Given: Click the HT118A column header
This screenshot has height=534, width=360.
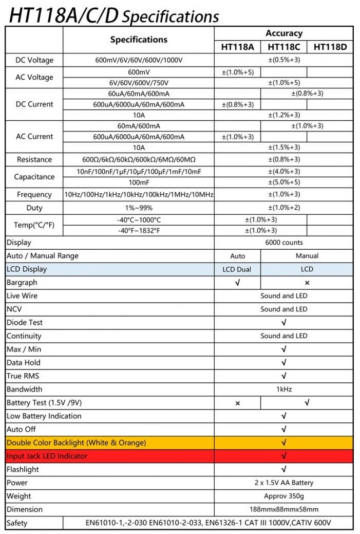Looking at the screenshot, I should pyautogui.click(x=237, y=47).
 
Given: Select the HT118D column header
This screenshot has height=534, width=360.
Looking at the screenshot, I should pyautogui.click(x=330, y=47).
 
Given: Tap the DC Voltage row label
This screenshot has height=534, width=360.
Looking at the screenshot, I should pyautogui.click(x=34, y=60).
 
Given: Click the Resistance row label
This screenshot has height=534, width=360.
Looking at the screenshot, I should pyautogui.click(x=34, y=159).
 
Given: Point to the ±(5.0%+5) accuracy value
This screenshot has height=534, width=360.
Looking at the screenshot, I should pyautogui.click(x=284, y=182).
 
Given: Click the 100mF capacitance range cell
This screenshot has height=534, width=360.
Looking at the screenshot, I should pyautogui.click(x=139, y=182).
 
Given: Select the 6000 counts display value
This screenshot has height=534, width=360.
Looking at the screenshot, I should pyautogui.click(x=284, y=243).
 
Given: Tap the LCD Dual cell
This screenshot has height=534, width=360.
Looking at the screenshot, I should pyautogui.click(x=237, y=269).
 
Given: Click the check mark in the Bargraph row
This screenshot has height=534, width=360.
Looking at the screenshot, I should pyautogui.click(x=237, y=283).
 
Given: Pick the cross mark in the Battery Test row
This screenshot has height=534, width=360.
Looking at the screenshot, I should pyautogui.click(x=237, y=403).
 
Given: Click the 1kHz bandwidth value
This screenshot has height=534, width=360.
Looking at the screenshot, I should pyautogui.click(x=284, y=390).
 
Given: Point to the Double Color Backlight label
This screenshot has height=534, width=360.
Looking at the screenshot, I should pyautogui.click(x=76, y=443).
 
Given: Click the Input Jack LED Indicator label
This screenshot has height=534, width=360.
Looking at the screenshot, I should pyautogui.click(x=47, y=456).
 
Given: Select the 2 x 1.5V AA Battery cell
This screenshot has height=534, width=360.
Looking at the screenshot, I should pyautogui.click(x=284, y=483).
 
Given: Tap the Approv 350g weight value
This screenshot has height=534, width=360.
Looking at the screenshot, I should pyautogui.click(x=284, y=496).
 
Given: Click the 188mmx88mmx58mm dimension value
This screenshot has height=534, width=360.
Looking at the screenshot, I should pyautogui.click(x=284, y=510).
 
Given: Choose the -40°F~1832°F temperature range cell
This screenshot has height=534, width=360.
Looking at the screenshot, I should pyautogui.click(x=139, y=230).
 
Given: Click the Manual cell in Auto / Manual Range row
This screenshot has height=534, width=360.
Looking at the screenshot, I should pyautogui.click(x=307, y=256).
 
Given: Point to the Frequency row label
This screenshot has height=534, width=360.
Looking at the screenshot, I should pyautogui.click(x=34, y=195).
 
